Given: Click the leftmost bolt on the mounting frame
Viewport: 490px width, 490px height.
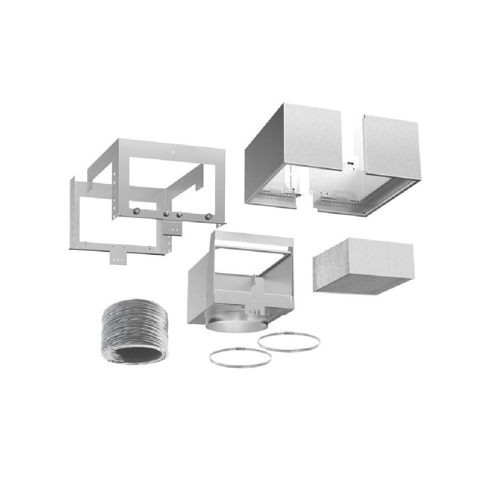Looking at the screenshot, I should (x=137, y=211).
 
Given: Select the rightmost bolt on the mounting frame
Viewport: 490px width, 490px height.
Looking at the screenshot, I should (x=209, y=216).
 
